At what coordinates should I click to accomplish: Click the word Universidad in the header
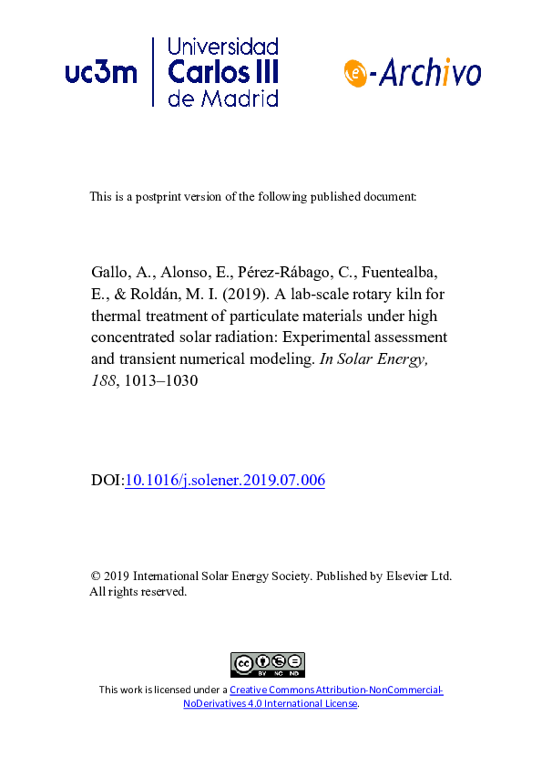coord(224,47)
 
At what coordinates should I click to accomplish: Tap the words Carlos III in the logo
coord(224,72)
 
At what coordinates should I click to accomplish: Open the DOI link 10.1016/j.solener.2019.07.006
coord(224,481)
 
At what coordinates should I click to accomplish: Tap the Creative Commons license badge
coord(267,665)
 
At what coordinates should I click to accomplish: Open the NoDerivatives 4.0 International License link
coord(271,704)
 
